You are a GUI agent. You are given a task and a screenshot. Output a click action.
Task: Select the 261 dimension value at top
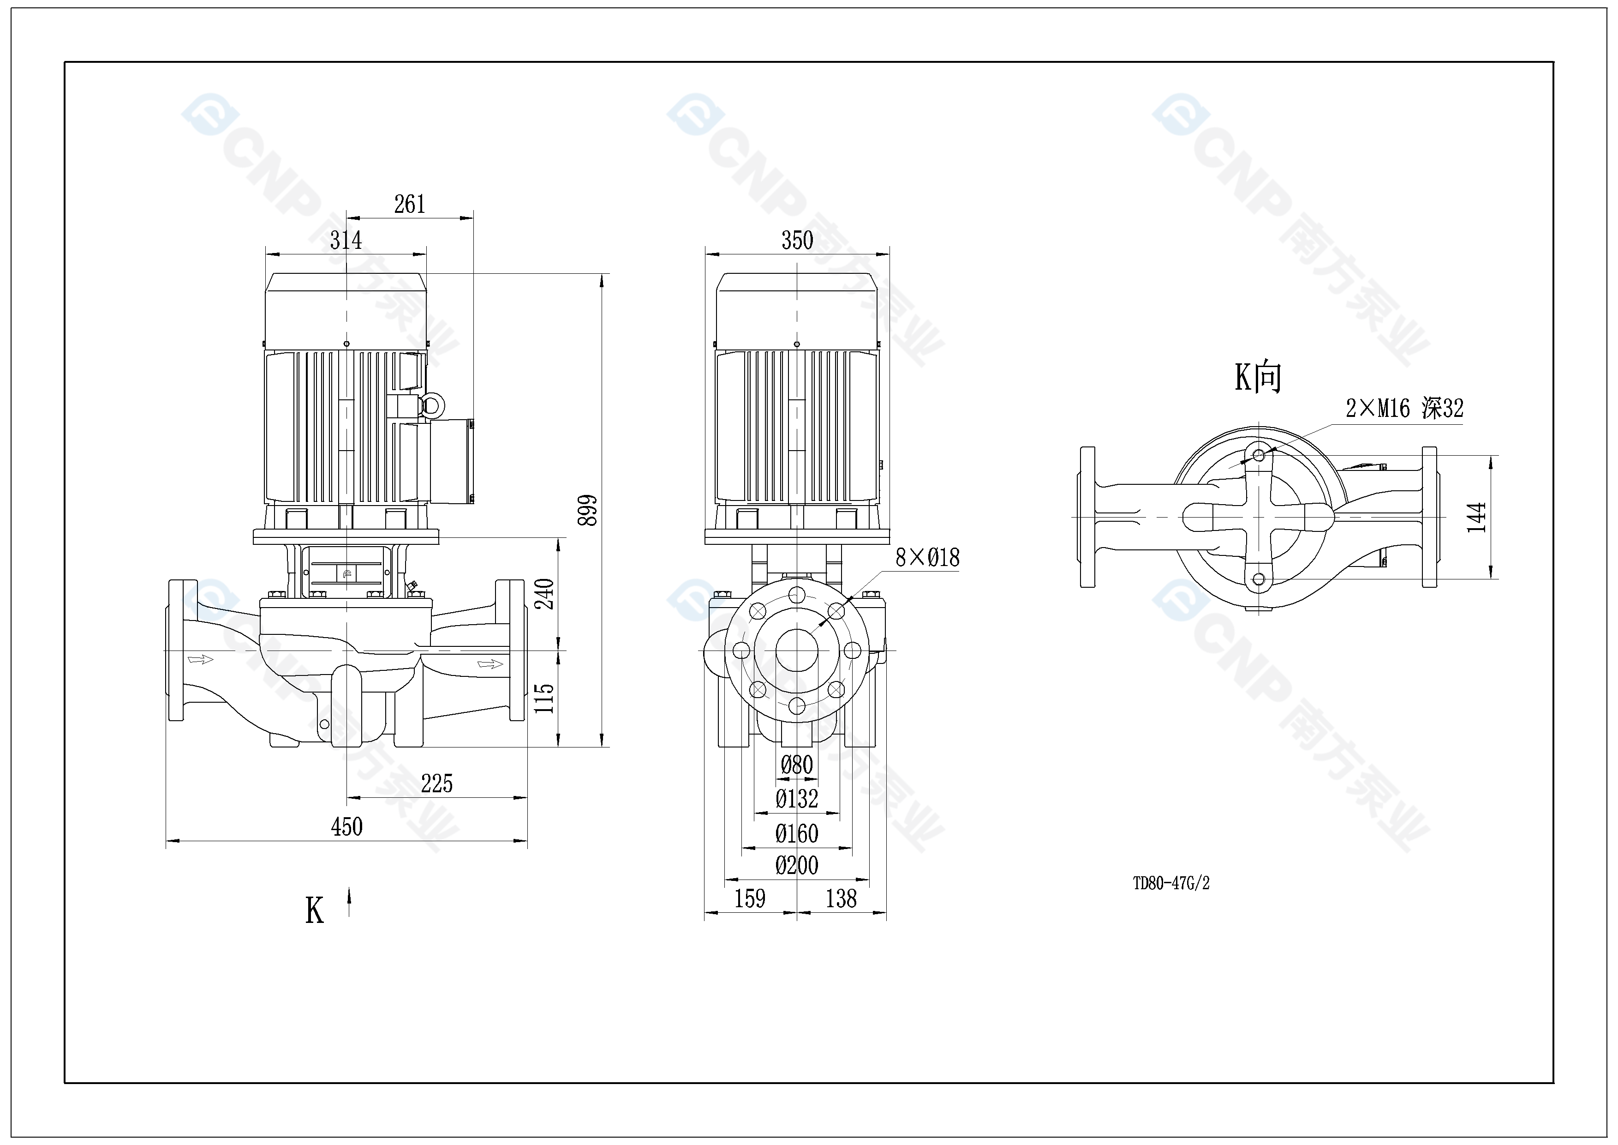pyautogui.click(x=409, y=205)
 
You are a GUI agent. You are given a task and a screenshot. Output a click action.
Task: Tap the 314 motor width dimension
pyautogui.click(x=346, y=241)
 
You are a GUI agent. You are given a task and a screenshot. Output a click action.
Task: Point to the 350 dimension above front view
pyautogui.click(x=797, y=241)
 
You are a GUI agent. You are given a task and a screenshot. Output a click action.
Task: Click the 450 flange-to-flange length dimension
pyautogui.click(x=346, y=826)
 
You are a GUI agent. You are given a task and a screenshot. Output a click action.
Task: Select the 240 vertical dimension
pyautogui.click(x=544, y=594)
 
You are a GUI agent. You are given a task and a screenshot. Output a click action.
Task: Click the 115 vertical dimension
pyautogui.click(x=544, y=698)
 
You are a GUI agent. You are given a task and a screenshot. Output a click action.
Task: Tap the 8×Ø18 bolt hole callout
pyautogui.click(x=927, y=558)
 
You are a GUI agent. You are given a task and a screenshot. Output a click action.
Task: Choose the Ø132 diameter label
pyautogui.click(x=797, y=799)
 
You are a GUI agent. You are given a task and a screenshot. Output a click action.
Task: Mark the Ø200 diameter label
pyautogui.click(x=797, y=865)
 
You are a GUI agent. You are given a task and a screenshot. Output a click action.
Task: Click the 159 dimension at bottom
pyautogui.click(x=749, y=898)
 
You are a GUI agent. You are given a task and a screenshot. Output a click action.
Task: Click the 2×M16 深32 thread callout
pyautogui.click(x=1404, y=408)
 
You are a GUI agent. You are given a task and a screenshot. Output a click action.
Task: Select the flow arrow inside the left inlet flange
pyautogui.click(x=200, y=659)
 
